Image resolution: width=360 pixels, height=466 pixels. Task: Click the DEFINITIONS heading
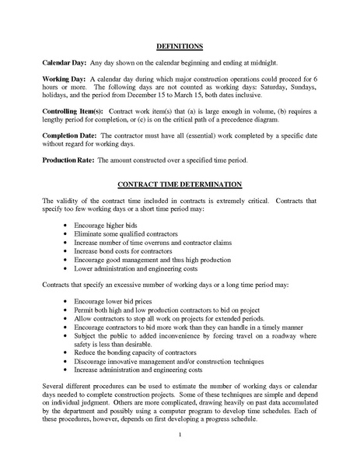pyautogui.click(x=180, y=46)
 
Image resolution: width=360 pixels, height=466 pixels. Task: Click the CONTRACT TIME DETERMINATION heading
pyautogui.click(x=180, y=184)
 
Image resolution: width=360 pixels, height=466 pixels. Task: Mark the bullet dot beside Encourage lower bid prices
pyautogui.click(x=64, y=300)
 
